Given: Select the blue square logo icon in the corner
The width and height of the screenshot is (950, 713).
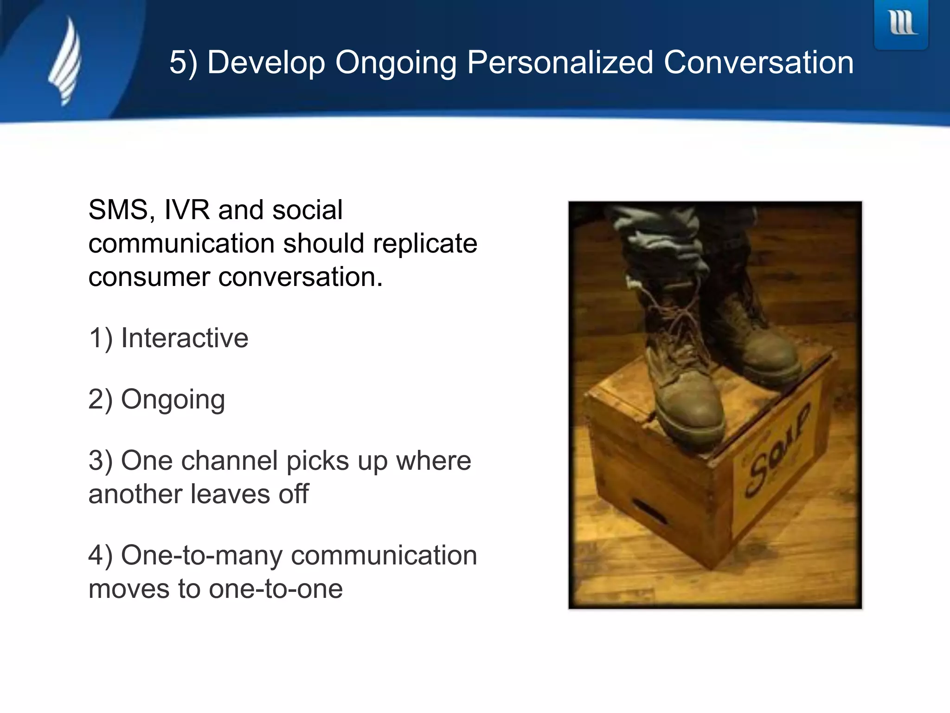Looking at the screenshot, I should pos(901,23).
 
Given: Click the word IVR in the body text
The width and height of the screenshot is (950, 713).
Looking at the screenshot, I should pos(186,210).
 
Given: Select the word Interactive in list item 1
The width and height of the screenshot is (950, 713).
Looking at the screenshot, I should pos(184,338).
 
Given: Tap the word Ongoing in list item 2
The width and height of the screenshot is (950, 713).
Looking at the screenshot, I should pos(173,400).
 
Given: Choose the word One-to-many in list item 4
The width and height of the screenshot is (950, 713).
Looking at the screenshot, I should pos(201,556).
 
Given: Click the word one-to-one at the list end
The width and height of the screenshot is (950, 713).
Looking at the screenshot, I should pos(276,589).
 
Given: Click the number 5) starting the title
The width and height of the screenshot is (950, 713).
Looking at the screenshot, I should pos(183,63).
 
